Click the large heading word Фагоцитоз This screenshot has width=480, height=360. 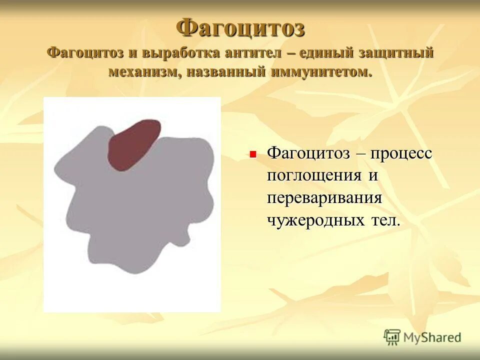tap(240, 27)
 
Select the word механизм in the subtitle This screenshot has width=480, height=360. tap(145, 71)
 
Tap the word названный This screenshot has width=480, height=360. tap(226, 71)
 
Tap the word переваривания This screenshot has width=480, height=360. tap(324, 197)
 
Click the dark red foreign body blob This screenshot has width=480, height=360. tap(134, 144)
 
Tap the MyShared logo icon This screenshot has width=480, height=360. tap(392, 337)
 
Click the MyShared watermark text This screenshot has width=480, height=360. tap(432, 338)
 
